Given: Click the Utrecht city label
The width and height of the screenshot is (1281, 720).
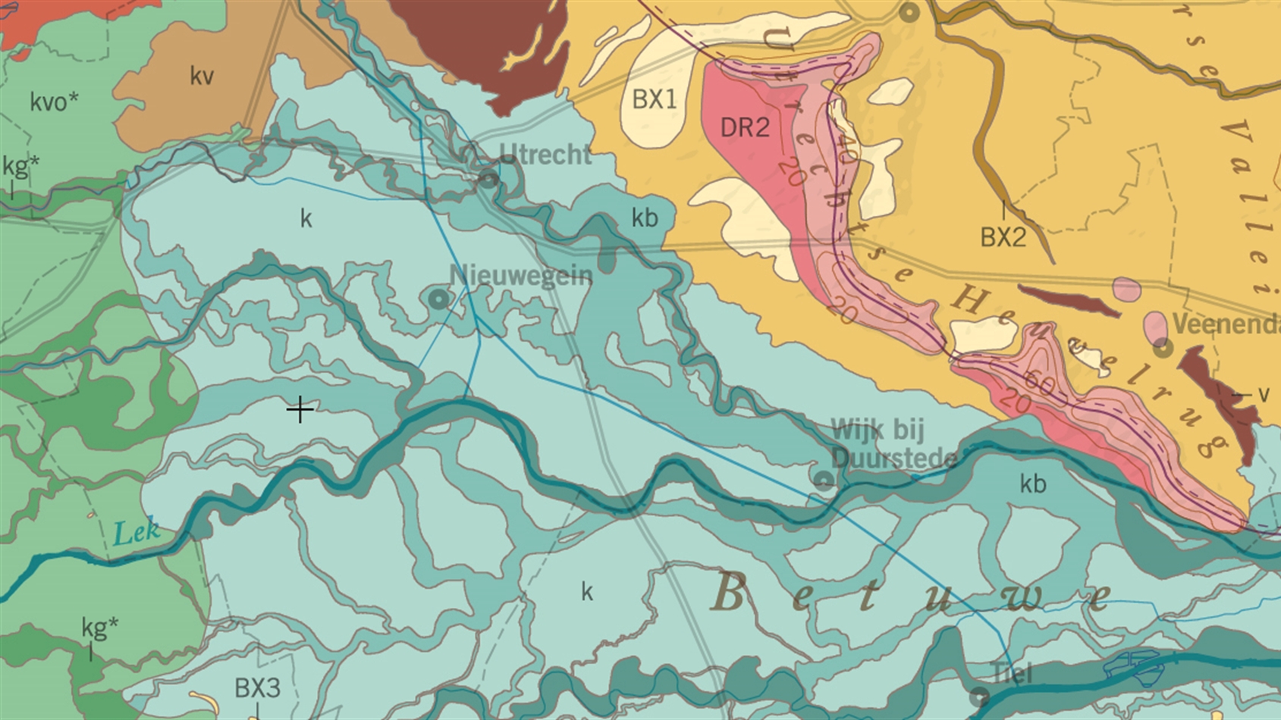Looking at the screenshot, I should coord(545,155).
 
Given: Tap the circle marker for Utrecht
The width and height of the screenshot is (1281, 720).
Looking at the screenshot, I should coord(488,180).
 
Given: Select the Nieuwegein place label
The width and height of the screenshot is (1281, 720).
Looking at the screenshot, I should coord(520,275).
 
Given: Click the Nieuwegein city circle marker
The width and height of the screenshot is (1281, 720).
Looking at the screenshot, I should coord(438,299).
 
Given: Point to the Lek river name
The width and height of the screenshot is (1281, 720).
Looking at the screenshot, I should coord(137,532).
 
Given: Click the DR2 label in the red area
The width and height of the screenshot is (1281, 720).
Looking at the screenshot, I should coord(744,127).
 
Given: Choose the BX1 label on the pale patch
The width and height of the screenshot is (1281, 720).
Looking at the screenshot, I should coord(654,99).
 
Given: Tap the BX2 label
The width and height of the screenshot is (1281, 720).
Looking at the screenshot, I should coord(1003,237).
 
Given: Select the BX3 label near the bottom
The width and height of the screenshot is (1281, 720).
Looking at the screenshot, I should coord(257,688).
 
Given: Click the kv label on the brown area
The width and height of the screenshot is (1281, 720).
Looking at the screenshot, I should coord(201,76).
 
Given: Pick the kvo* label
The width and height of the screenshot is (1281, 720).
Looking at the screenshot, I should coord(54,102).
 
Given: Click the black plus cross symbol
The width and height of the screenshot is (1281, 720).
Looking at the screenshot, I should coord(300,410).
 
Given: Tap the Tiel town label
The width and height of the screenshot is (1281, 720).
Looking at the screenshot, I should coord(1011,672).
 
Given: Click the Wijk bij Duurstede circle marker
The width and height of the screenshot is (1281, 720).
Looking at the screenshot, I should coord(824,479).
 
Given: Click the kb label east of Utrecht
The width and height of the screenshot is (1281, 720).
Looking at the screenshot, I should coord(645,218).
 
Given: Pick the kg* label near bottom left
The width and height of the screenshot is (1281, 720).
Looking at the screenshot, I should coord(99,628).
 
